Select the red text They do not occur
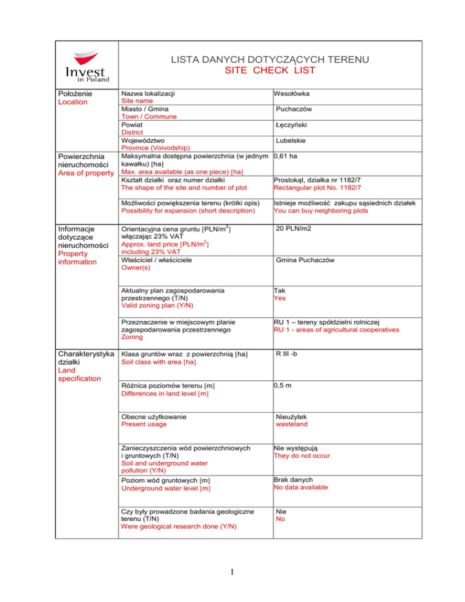click(302, 455)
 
